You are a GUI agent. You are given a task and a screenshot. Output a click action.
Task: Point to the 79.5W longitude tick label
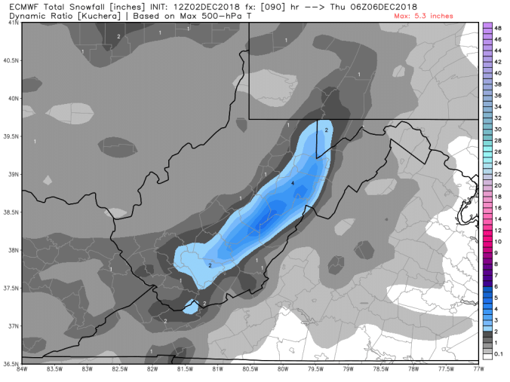click(x=315, y=370)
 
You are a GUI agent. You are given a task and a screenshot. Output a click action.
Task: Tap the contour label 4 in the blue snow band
click(x=292, y=183)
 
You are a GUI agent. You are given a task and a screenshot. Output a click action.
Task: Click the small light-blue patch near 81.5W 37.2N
click(x=191, y=307)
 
